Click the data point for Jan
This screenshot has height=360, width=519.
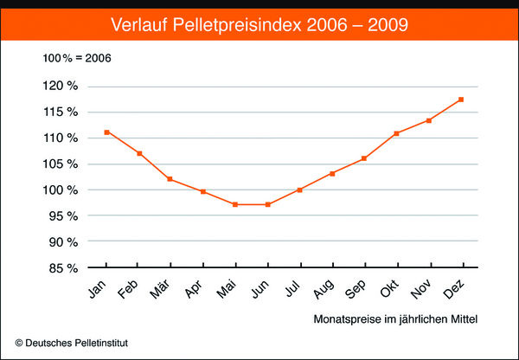click(x=106, y=132)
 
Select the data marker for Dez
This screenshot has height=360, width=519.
click(x=462, y=100)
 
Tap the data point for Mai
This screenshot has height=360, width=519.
click(x=235, y=204)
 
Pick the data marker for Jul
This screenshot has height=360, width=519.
click(x=300, y=190)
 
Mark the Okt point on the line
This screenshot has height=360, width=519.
click(x=397, y=133)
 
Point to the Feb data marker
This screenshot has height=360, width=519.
click(x=138, y=153)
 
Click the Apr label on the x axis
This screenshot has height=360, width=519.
click(x=196, y=287)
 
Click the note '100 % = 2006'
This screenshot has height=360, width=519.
click(x=77, y=58)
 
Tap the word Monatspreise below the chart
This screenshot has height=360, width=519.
click(x=345, y=320)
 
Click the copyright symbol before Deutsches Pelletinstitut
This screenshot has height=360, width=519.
click(x=19, y=344)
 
